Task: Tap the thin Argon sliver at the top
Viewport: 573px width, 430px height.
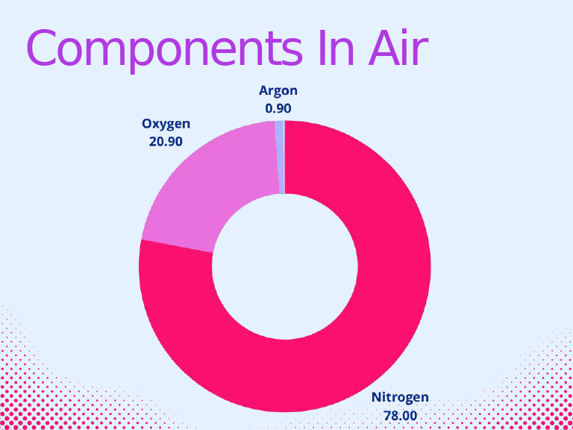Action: click(280, 157)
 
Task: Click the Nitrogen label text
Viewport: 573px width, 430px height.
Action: click(400, 397)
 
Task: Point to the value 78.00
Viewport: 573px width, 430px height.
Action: click(400, 414)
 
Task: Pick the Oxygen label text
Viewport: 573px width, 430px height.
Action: click(166, 123)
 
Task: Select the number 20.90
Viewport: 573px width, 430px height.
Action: click(166, 140)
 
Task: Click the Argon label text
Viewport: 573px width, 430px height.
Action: click(278, 91)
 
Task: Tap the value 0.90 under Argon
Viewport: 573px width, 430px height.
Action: click(278, 108)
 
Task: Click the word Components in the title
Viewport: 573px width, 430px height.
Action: click(157, 49)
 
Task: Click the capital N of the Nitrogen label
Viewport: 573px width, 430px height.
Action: click(377, 397)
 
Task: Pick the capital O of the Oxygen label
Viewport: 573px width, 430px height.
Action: click(146, 123)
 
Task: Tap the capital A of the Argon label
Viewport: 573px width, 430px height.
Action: click(263, 91)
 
